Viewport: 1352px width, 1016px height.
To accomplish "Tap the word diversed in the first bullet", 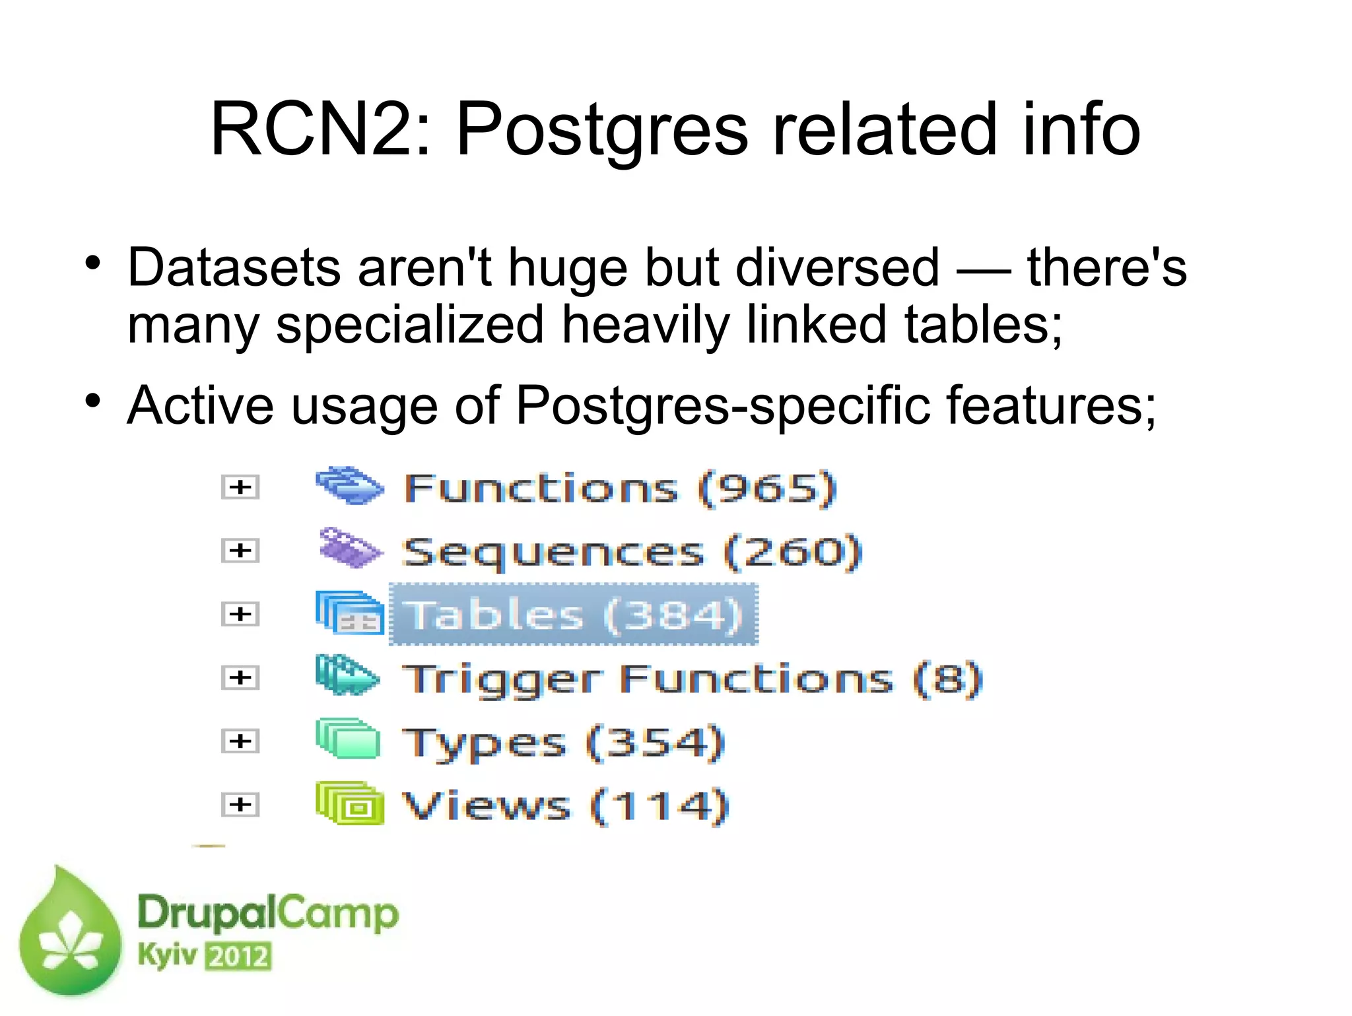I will click(x=837, y=267).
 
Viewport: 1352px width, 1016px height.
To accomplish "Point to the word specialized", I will click(x=409, y=325).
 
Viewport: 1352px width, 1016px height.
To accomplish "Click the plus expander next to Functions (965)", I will click(x=240, y=487).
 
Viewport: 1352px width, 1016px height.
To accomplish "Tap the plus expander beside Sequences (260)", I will click(x=240, y=551).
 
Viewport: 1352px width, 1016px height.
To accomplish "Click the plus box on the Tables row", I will click(x=240, y=614).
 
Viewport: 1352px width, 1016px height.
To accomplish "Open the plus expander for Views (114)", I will click(x=240, y=805).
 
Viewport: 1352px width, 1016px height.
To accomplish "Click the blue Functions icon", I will click(x=349, y=487).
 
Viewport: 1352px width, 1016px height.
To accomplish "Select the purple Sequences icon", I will click(x=349, y=549).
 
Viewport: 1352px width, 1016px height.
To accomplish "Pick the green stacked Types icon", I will click(x=348, y=739).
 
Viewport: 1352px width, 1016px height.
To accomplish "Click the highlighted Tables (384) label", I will click(x=573, y=615).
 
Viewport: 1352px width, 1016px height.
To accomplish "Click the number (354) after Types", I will click(x=656, y=742).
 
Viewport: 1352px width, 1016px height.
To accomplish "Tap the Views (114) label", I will click(x=565, y=805).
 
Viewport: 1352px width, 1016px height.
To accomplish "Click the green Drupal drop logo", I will click(x=70, y=933).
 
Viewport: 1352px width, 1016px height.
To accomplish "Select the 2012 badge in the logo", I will click(x=238, y=957).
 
